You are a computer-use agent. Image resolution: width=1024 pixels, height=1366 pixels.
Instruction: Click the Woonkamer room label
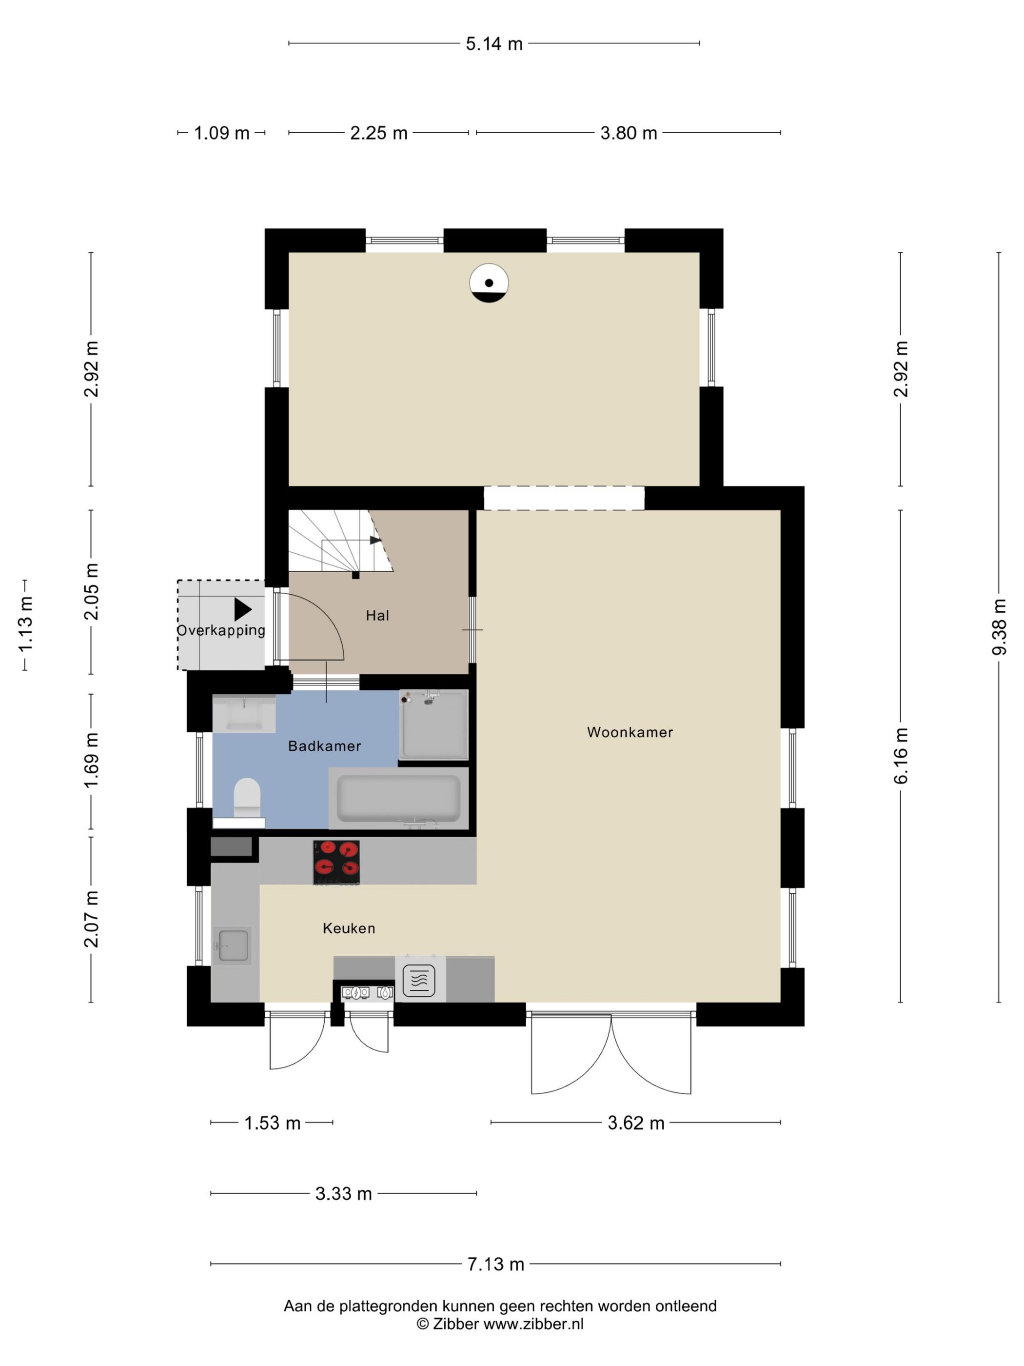630,732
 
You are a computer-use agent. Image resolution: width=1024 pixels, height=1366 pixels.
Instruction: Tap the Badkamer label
325,746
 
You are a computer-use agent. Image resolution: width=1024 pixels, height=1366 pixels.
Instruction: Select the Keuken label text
349,928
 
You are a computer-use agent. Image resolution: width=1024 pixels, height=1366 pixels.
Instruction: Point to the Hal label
377,615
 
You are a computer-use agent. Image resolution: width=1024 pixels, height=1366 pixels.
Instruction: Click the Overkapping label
221,630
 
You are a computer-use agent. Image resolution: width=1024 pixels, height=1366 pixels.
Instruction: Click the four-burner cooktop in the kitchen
336,862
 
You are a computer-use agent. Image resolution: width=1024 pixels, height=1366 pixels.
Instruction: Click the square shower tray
434,724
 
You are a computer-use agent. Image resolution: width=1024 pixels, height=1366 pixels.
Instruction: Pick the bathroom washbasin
244,714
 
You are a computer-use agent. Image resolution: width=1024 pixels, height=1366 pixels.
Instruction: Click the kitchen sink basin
233,945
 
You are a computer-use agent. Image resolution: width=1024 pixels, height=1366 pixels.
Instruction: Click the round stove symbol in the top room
489,283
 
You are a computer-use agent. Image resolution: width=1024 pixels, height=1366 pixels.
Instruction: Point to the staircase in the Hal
339,542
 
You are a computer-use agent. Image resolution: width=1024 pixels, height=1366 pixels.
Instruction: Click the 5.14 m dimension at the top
494,44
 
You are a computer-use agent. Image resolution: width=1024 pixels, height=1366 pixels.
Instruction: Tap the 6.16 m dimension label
901,756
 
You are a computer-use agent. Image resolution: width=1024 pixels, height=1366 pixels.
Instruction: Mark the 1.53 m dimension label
272,1123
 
